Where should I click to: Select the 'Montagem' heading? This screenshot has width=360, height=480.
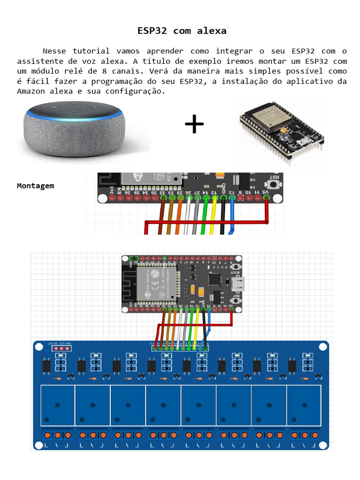tap(36, 186)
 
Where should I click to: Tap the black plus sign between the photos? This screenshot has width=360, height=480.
tap(194, 124)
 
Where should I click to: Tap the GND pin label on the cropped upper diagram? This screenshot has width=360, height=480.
tap(224, 188)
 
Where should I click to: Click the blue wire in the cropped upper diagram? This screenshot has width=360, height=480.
tap(232, 216)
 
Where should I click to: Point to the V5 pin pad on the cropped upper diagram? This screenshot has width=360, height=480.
tap(266, 198)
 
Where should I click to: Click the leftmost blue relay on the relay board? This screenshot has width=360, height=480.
tap(58, 404)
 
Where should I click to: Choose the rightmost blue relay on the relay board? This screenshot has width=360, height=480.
tap(304, 404)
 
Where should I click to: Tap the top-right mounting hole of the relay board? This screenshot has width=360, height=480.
tap(322, 347)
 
